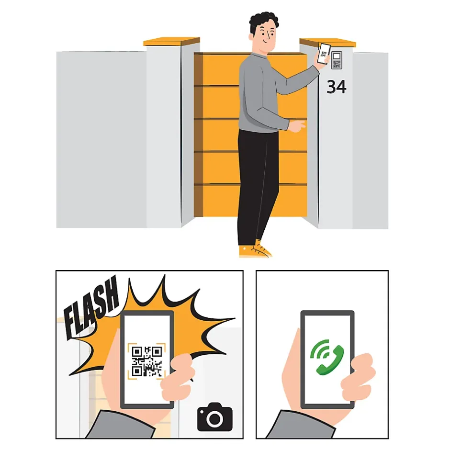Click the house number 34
click(337, 87)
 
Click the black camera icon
click(214, 416)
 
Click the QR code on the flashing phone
click(147, 361)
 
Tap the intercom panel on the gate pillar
click(337, 60)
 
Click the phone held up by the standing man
click(324, 54)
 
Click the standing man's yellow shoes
click(255, 249)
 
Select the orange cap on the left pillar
click(171, 42)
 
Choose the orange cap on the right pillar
click(327, 43)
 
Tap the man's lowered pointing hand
click(297, 126)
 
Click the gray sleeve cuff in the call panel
click(301, 425)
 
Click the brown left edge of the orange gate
click(198, 135)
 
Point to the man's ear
click(251, 37)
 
